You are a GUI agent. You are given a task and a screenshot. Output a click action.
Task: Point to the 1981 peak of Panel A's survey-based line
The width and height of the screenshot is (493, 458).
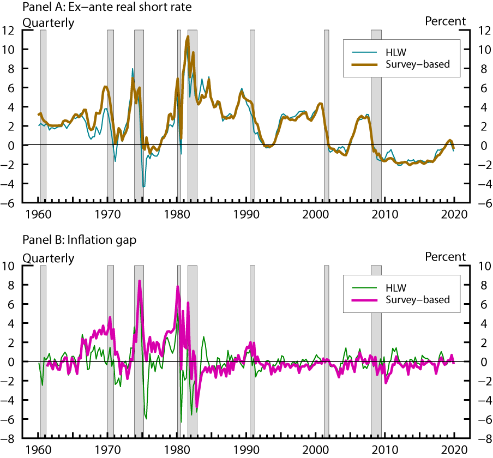(x=188, y=37)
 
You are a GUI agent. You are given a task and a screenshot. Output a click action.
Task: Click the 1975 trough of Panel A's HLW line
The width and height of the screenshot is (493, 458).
(x=143, y=186)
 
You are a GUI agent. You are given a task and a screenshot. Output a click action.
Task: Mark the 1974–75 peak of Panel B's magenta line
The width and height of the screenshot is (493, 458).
(x=140, y=281)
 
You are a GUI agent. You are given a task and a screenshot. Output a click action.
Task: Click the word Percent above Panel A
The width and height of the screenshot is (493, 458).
(x=445, y=21)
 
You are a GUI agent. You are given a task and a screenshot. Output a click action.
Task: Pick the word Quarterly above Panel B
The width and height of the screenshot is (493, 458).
(x=48, y=257)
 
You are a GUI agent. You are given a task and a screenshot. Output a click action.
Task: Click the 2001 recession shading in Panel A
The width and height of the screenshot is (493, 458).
(x=326, y=114)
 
